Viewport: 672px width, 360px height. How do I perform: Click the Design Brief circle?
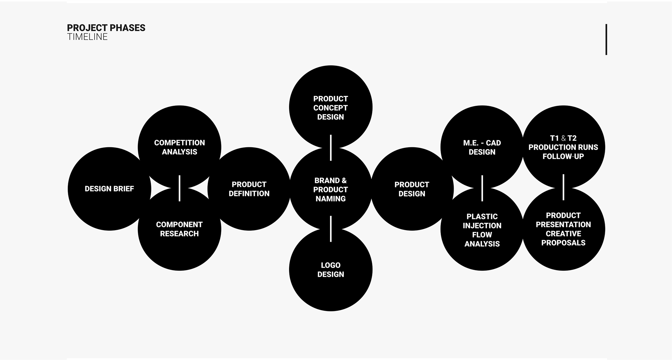click(x=109, y=189)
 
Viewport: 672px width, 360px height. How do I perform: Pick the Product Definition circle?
click(x=249, y=189)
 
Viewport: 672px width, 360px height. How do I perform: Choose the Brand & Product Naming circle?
click(x=330, y=189)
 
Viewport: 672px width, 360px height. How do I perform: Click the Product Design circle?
click(x=412, y=189)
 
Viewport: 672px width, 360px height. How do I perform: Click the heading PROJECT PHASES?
click(x=106, y=28)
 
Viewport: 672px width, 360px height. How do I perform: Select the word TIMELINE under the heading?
click(x=87, y=37)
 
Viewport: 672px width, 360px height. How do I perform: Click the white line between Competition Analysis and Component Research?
click(x=180, y=188)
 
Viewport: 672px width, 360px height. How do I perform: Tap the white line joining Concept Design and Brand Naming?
click(x=331, y=148)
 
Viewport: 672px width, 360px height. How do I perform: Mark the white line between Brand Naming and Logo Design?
click(x=331, y=229)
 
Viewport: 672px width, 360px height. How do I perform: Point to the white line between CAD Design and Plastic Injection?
click(x=482, y=188)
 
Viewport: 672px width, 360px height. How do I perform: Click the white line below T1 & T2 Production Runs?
click(x=563, y=187)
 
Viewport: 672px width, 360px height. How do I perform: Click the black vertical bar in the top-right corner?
click(x=606, y=39)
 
